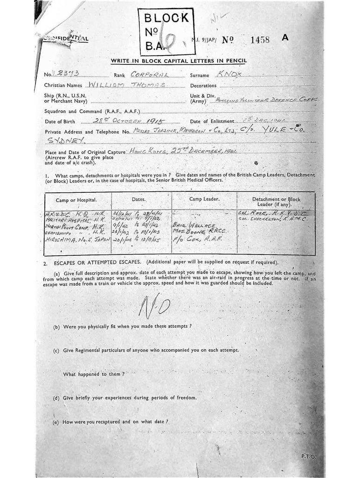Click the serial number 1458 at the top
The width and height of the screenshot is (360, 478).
coord(260,40)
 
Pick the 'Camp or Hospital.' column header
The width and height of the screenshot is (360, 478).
coord(76,200)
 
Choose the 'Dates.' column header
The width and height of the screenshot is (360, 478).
coord(139,199)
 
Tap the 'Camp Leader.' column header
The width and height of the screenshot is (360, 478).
coord(204,199)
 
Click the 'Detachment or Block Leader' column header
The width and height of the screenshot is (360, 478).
coord(276,202)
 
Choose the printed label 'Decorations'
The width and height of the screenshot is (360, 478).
coord(203,86)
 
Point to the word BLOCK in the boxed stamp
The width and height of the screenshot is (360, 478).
coord(166,18)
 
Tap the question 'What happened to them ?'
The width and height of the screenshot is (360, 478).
coord(94,374)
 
